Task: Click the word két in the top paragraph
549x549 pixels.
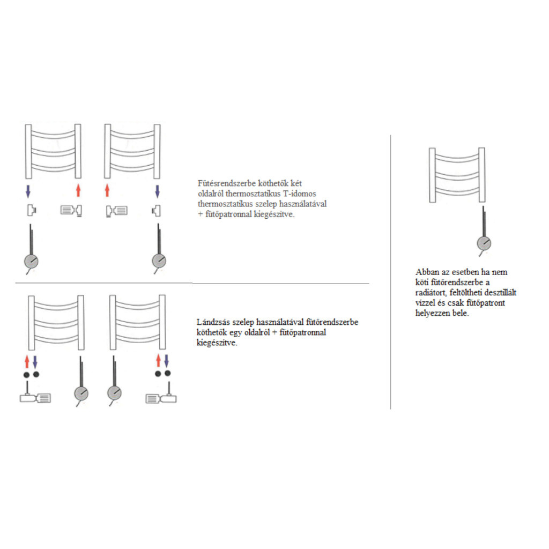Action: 296,183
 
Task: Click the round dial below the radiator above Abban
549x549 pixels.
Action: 484,243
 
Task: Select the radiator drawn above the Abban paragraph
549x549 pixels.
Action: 457,175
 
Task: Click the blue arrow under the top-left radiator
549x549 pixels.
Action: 28,191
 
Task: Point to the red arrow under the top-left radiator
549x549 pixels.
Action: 78,190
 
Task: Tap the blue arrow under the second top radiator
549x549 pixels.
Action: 157,191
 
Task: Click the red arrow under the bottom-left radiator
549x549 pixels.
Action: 27,362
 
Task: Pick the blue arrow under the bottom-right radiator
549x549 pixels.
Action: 166,361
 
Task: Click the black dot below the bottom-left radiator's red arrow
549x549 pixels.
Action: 26,375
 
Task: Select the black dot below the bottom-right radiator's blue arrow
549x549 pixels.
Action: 168,374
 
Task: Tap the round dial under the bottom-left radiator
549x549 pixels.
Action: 81,394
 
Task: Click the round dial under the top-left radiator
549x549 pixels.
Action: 31,261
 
